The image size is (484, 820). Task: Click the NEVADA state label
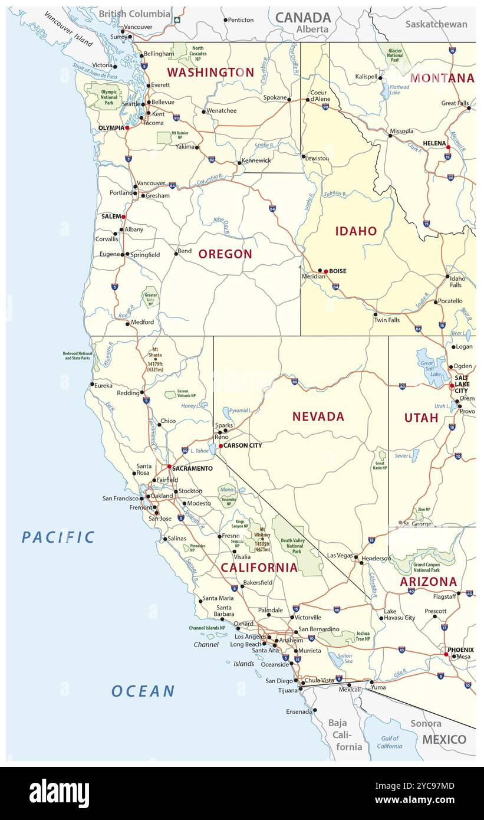coord(318,416)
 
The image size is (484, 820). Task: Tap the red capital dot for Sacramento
coord(169,467)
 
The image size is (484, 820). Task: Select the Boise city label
coord(338,271)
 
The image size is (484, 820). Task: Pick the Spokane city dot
coord(289,100)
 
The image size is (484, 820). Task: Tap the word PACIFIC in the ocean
coord(58,537)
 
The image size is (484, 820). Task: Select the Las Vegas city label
coord(340,556)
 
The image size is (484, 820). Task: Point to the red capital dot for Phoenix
coord(446,654)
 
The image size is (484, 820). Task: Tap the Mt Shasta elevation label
coord(155,360)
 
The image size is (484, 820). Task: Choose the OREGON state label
coord(225,254)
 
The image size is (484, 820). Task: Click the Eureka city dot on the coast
coord(92,385)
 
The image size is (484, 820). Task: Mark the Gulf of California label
coord(389,742)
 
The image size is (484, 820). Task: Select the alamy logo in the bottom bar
coord(59,793)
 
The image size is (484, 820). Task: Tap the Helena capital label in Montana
coord(434,143)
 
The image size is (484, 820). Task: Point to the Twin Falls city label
coord(386,320)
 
